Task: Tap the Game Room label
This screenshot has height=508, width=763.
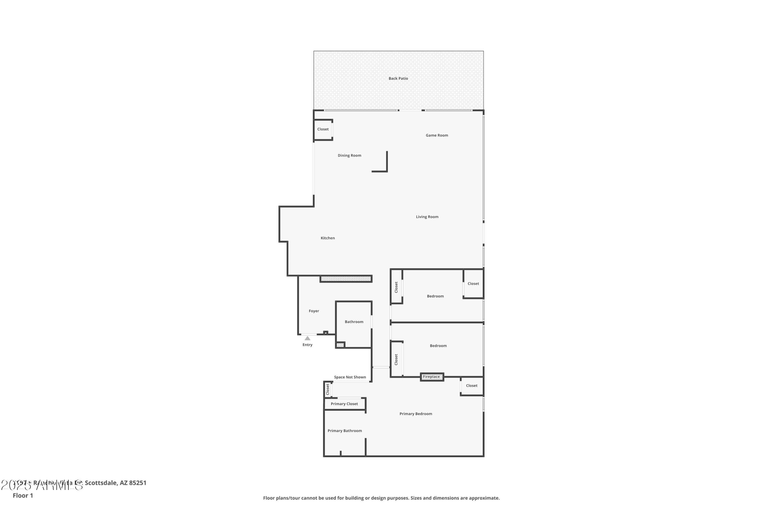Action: (436, 135)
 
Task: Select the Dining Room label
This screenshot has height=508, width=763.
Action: (349, 156)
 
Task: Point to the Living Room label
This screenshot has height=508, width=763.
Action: (427, 217)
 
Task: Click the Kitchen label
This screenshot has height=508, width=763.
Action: (328, 238)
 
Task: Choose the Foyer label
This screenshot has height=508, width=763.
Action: (314, 311)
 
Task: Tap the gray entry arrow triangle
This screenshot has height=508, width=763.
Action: (307, 338)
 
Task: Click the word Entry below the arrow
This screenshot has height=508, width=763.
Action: (307, 345)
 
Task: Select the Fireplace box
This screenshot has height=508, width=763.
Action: (432, 377)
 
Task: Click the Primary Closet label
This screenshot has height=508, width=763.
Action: (344, 404)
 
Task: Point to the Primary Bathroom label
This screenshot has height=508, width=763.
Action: (344, 431)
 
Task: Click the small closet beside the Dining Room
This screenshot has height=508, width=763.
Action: (323, 130)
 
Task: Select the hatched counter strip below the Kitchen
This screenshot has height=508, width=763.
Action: (346, 279)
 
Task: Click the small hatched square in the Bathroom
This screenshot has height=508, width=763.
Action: (340, 345)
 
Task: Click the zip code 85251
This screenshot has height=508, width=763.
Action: (138, 483)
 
